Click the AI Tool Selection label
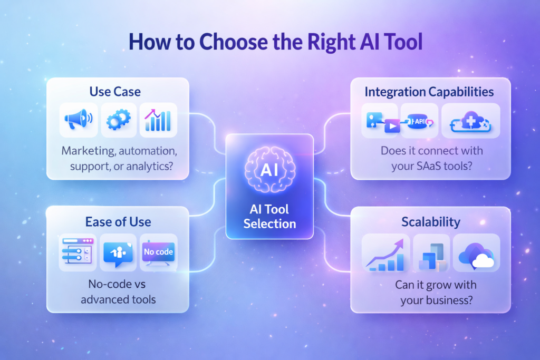269,216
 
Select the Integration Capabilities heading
429,92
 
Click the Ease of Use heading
118,221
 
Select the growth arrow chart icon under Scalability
386,254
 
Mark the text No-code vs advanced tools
118,292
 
